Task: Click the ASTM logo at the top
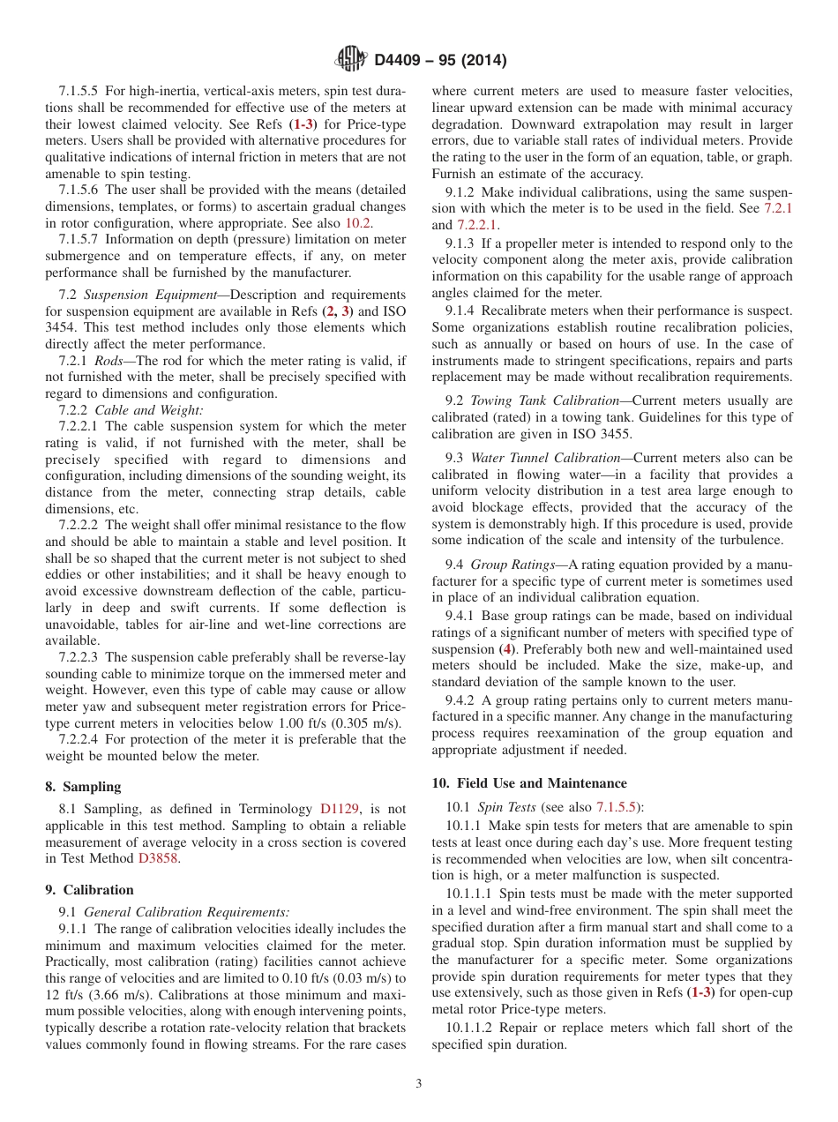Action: pyautogui.click(x=351, y=60)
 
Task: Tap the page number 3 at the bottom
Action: pyautogui.click(x=419, y=1084)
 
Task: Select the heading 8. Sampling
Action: pyautogui.click(x=83, y=787)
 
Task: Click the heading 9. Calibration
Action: pyautogui.click(x=89, y=890)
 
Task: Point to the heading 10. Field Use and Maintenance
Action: pyautogui.click(x=529, y=783)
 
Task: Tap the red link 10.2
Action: pyautogui.click(x=345, y=223)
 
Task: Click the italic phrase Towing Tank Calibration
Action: pyautogui.click(x=544, y=400)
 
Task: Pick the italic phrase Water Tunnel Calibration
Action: pyautogui.click(x=546, y=458)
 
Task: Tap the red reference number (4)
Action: pyautogui.click(x=507, y=649)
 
